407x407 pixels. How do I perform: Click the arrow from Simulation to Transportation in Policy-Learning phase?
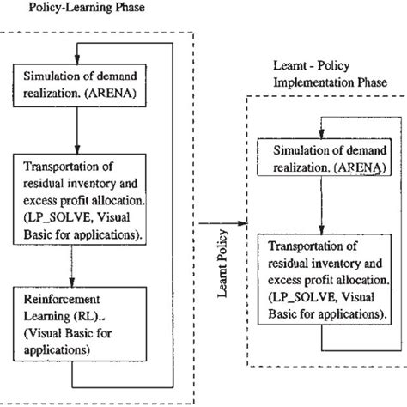click(x=77, y=133)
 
